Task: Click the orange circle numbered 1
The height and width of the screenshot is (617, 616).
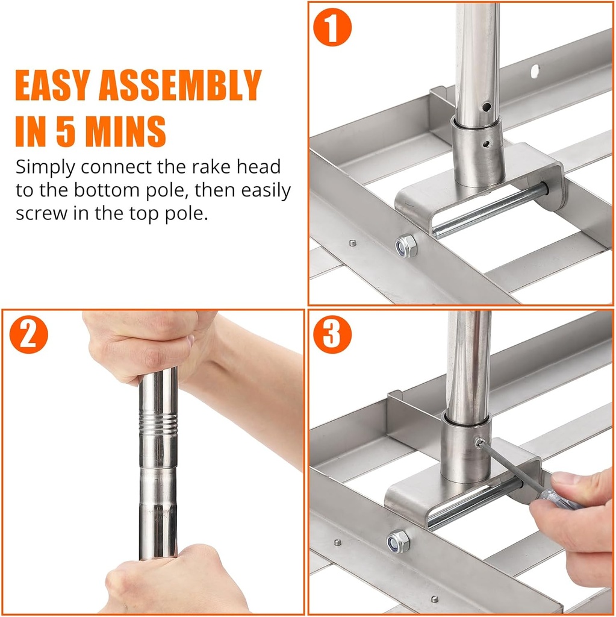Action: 332,27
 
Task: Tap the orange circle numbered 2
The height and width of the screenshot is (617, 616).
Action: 29,334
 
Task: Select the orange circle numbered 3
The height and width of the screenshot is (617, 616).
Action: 332,334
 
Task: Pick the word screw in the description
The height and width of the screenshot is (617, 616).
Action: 42,214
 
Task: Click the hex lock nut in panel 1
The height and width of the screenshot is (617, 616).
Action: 406,246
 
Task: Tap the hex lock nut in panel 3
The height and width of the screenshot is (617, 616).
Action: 397,542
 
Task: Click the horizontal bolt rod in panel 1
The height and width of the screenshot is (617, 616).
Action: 490,211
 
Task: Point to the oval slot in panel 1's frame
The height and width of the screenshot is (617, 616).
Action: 535,71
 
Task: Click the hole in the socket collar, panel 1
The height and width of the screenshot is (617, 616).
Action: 487,145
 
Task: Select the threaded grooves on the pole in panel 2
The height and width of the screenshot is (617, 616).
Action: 158,423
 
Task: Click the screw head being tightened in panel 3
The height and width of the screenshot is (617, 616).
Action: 479,443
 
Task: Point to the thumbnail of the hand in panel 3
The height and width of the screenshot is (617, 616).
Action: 562,478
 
